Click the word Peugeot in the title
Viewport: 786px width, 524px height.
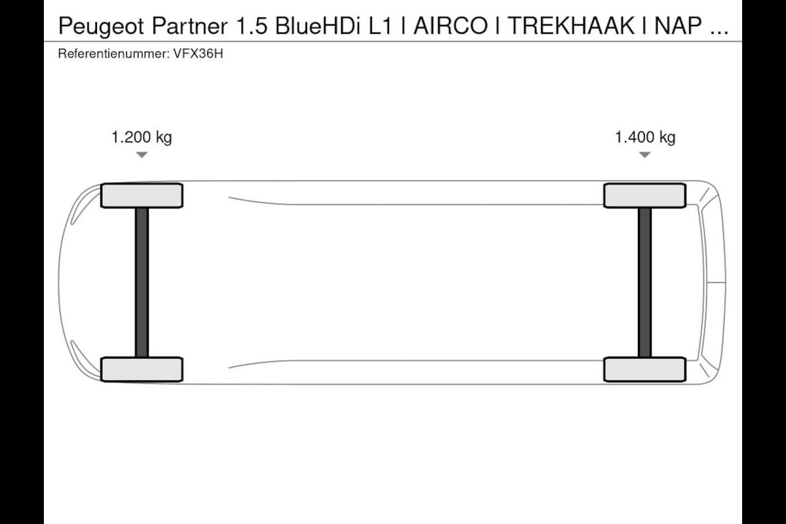pyautogui.click(x=101, y=27)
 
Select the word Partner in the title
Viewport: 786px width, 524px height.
pyautogui.click(x=189, y=26)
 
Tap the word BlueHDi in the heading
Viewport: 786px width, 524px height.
pyautogui.click(x=318, y=26)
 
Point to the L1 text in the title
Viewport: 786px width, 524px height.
pyautogui.click(x=380, y=26)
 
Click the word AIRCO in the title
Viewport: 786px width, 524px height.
pyautogui.click(x=451, y=26)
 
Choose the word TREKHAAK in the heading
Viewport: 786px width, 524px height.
pyautogui.click(x=571, y=26)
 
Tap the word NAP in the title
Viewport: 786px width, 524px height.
pyautogui.click(x=678, y=26)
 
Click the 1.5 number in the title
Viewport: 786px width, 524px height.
pyautogui.click(x=252, y=26)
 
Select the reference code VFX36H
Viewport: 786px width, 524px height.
pyautogui.click(x=198, y=54)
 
